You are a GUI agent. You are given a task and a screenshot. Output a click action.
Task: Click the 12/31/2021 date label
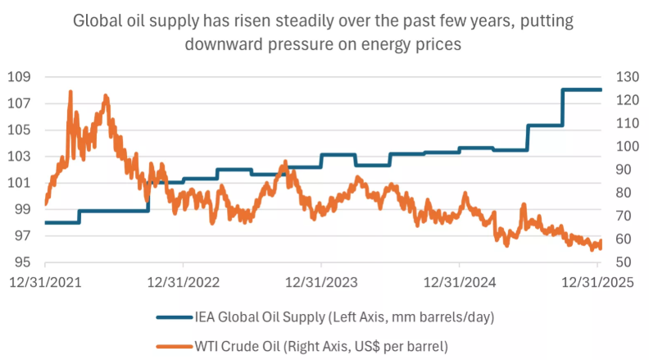click(x=45, y=283)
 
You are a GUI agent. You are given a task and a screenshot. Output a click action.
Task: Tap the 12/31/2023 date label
click(x=321, y=283)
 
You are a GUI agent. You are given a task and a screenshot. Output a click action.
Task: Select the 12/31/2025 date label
click(x=597, y=283)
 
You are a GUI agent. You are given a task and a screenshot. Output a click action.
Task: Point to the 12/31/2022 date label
click(x=183, y=283)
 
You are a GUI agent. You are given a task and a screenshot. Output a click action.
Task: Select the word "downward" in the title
click(x=244, y=44)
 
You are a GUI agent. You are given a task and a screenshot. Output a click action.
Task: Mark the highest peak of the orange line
click(x=70, y=91)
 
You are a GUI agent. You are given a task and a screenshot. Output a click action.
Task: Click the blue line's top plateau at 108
click(x=582, y=89)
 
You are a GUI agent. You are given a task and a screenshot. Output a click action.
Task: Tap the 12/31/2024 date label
click(x=459, y=283)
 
